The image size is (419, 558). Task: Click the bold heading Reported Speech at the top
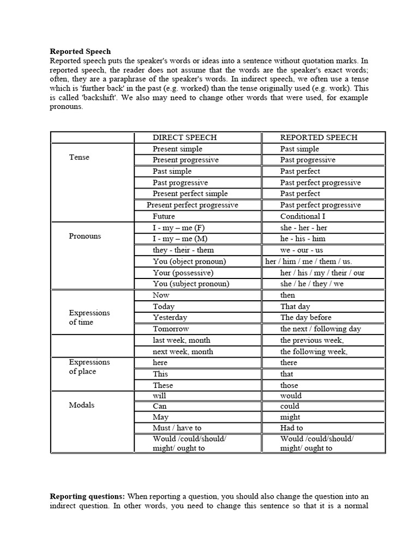(x=80, y=51)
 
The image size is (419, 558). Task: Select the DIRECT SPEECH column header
(x=184, y=137)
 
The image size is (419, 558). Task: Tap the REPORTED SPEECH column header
(x=319, y=137)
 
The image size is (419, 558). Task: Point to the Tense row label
(x=79, y=157)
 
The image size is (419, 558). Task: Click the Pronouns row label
(x=85, y=236)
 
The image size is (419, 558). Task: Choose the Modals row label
(x=81, y=405)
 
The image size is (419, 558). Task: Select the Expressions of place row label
(x=89, y=367)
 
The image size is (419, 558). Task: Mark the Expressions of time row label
(x=89, y=317)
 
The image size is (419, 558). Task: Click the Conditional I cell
(x=303, y=216)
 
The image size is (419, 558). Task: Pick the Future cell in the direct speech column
(x=164, y=216)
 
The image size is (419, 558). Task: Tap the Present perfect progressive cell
(x=192, y=205)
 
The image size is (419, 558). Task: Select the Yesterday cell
(x=170, y=317)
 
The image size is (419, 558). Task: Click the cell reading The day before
(x=306, y=317)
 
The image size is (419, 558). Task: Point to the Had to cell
(x=291, y=428)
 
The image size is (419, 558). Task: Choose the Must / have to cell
(x=177, y=428)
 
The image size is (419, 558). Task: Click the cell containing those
(x=289, y=385)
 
